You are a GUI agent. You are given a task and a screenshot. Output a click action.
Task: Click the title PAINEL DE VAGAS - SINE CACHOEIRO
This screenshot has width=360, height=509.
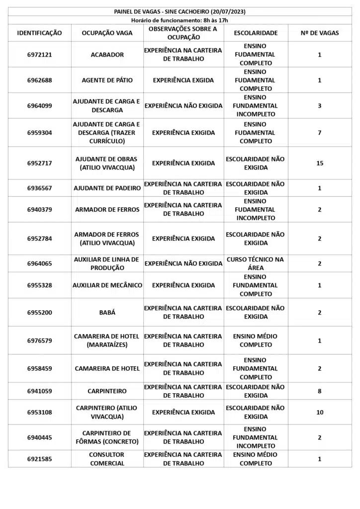click(x=180, y=11)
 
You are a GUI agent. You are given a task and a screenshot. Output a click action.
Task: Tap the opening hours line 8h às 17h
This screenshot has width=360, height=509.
click(x=180, y=20)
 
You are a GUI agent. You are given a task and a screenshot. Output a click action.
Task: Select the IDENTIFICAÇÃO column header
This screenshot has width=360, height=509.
click(x=40, y=33)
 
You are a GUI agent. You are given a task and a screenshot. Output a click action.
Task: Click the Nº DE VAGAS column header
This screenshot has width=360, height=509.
click(x=320, y=33)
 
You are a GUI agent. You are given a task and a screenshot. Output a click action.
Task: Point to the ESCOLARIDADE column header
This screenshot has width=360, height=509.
click(x=256, y=33)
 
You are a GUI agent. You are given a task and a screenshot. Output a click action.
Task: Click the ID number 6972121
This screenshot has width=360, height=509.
click(x=40, y=55)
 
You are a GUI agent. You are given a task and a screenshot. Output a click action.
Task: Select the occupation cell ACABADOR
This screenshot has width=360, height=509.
click(x=107, y=55)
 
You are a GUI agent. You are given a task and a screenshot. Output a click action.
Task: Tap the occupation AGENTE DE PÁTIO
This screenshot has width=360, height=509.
click(x=107, y=80)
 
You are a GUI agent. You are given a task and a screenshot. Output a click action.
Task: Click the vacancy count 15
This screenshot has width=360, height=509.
click(x=320, y=163)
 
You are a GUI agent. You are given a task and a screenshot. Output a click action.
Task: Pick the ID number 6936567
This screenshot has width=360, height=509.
click(x=40, y=188)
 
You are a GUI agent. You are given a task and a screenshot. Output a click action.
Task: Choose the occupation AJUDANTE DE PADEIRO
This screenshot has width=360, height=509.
click(x=107, y=188)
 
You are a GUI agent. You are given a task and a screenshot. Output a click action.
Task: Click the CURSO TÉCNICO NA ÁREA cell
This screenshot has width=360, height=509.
click(x=256, y=263)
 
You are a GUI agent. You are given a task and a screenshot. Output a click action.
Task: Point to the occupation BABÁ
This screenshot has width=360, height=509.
click(x=107, y=312)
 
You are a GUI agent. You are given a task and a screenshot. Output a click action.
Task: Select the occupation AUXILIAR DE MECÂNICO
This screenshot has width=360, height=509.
click(x=107, y=285)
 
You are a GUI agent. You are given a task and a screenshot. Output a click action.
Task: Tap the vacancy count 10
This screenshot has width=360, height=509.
click(x=320, y=412)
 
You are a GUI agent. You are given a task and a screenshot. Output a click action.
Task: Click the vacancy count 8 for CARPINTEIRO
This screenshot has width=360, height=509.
click(x=320, y=391)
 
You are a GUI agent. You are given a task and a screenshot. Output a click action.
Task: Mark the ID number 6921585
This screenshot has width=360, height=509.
click(x=40, y=459)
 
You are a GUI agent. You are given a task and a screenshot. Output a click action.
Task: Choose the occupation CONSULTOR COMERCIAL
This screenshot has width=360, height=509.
click(x=107, y=459)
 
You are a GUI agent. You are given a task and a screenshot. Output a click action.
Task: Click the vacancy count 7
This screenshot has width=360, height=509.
click(x=320, y=133)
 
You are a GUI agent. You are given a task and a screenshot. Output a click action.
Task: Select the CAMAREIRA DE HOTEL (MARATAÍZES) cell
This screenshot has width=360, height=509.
click(x=107, y=340)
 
